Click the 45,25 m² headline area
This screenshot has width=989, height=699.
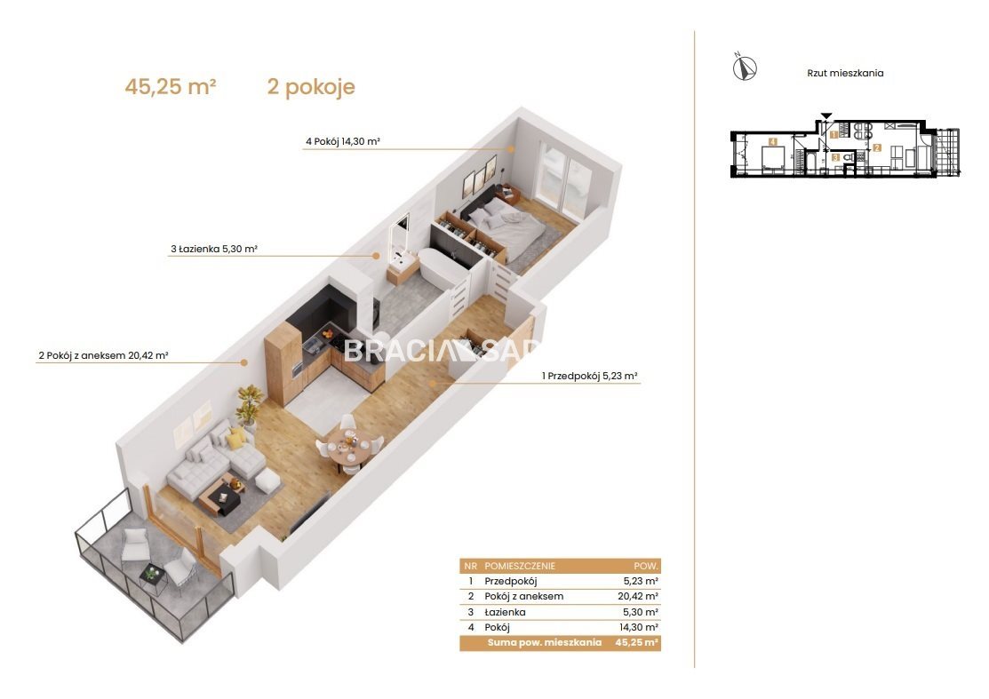[x=171, y=86]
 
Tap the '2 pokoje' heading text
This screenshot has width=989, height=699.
[x=311, y=87]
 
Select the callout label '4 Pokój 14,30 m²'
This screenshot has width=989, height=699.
[x=342, y=141]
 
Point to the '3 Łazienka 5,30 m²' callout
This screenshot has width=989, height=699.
[x=214, y=249]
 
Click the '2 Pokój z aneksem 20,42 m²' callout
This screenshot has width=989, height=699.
[x=103, y=355]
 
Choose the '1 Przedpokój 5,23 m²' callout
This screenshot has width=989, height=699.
[x=590, y=377]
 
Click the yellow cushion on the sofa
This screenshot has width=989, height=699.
[x=235, y=438]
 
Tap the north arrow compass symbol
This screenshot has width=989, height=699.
[x=745, y=67]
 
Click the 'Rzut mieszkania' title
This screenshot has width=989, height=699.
[x=845, y=73]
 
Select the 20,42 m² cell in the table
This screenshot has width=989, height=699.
[x=638, y=596]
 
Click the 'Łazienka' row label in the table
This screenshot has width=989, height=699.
[x=505, y=612]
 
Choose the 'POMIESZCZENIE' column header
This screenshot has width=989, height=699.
[x=520, y=566]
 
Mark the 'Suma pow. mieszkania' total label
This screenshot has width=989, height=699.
[x=544, y=643]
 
